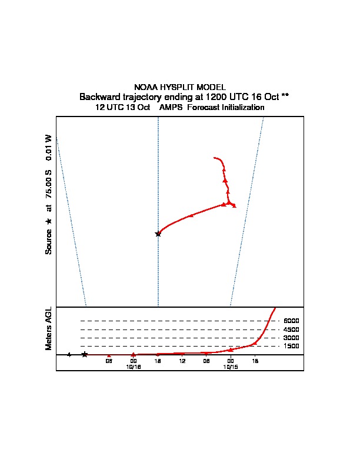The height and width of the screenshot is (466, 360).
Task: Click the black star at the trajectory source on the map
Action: point(158,234)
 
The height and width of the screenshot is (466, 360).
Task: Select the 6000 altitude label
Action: point(291,321)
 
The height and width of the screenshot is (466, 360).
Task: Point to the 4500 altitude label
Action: point(291,329)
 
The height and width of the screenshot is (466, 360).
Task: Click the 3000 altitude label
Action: point(291,338)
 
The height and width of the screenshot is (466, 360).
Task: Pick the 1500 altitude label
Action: point(291,346)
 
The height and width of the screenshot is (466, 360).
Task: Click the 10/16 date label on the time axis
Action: point(134,366)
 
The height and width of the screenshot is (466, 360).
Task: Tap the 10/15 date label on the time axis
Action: point(231,366)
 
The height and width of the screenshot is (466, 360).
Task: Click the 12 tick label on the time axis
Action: point(182,361)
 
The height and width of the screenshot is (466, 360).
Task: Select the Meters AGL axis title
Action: point(49,328)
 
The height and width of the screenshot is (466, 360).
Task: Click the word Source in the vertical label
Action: point(49,241)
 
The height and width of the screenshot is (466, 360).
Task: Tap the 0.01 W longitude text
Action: point(49,147)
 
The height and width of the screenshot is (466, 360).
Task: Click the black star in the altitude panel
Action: point(85,354)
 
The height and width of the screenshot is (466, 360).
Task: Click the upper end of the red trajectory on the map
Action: point(215,158)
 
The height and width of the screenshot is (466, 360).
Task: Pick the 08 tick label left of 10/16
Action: point(109,361)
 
